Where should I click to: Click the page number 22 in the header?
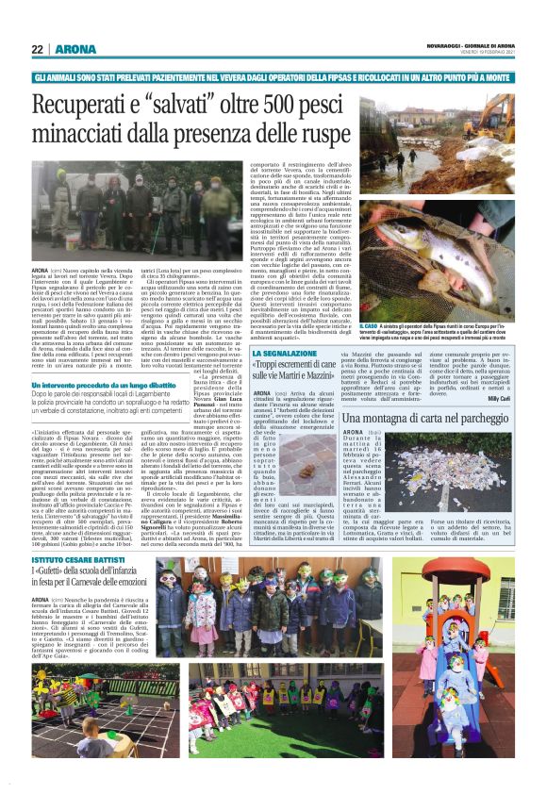point(38,48)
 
